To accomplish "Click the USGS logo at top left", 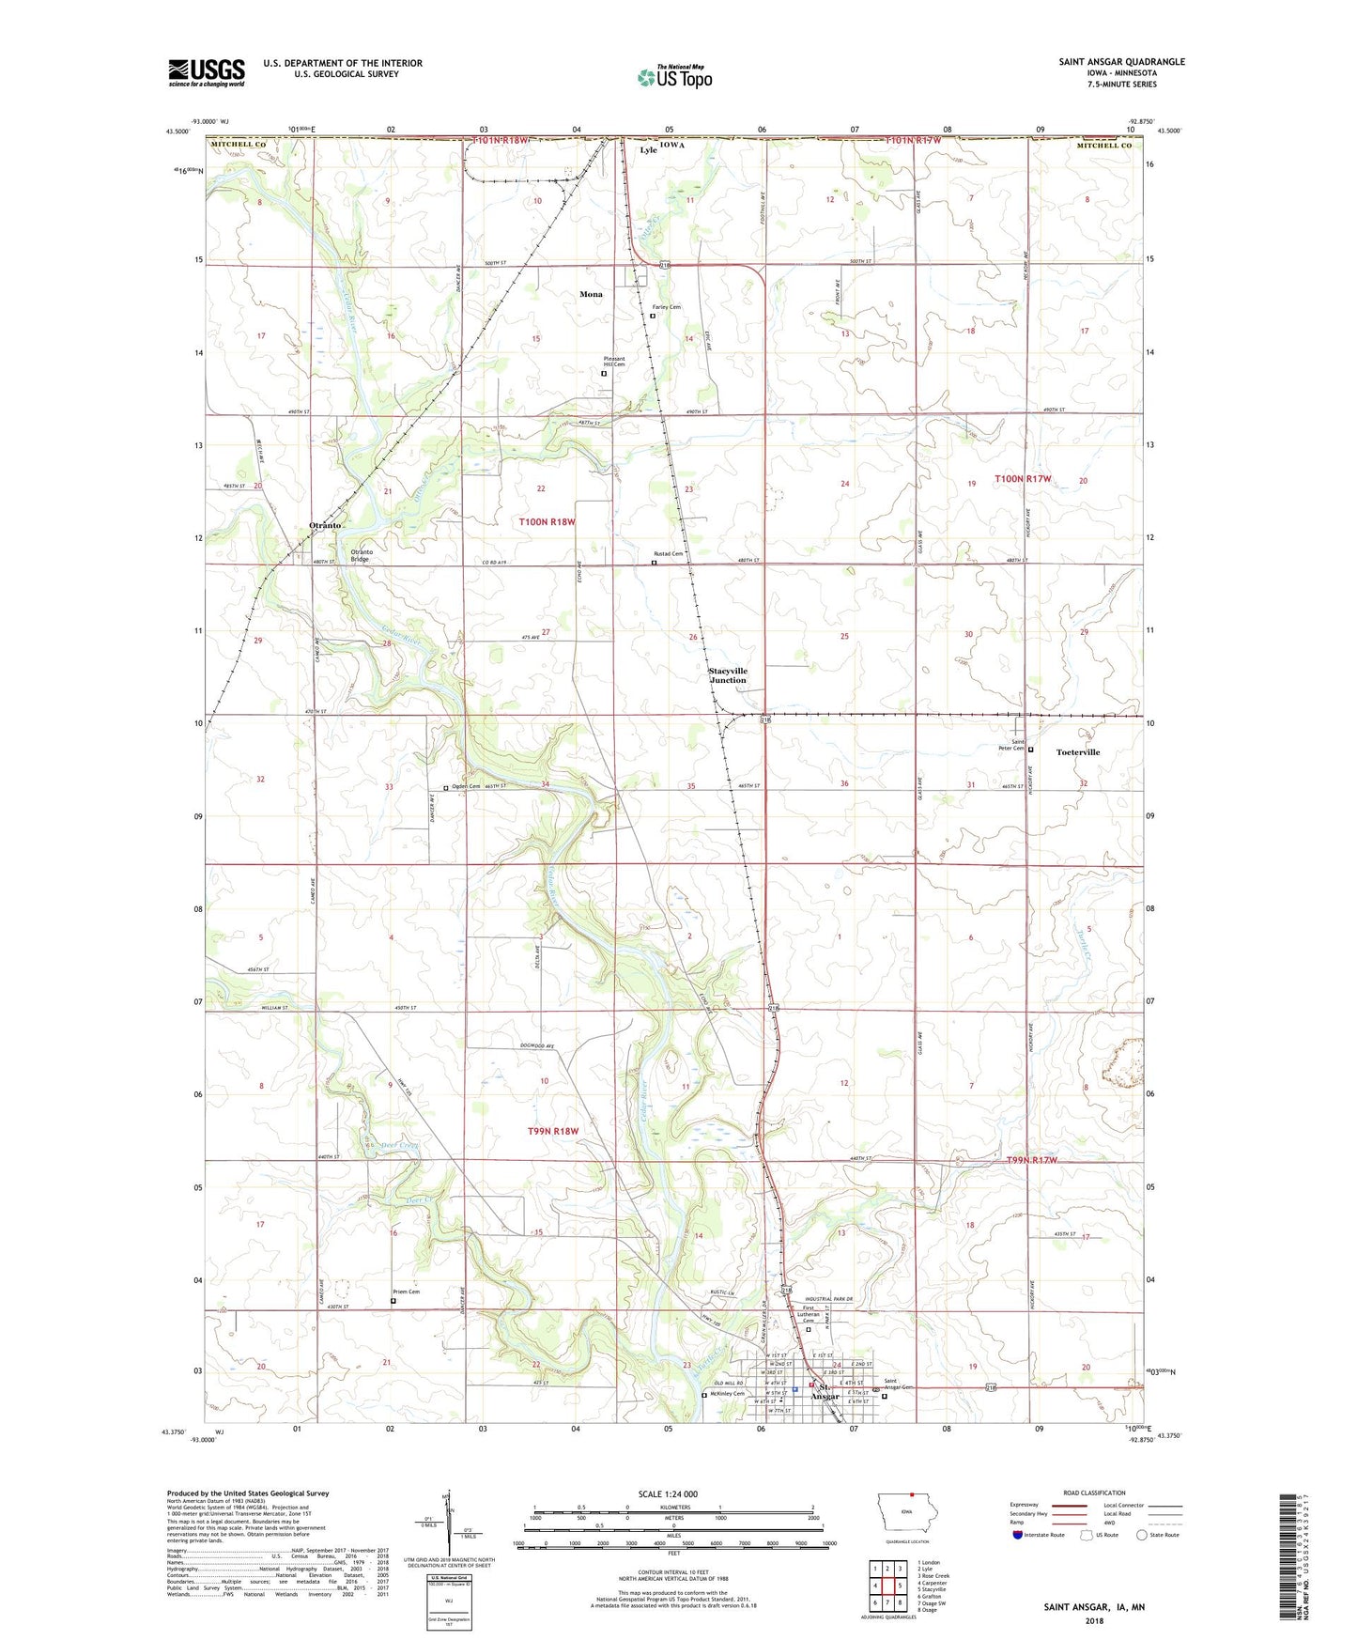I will (207, 71).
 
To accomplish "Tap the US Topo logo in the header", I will (674, 77).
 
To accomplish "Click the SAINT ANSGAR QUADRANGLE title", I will (1121, 62).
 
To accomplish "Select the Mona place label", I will (591, 294).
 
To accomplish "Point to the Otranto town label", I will (325, 525).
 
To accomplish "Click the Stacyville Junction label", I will (728, 675).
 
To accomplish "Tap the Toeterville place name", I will (1077, 752).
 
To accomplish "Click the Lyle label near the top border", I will (649, 150).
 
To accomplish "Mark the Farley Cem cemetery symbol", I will (653, 317).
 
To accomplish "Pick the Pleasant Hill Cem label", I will (614, 362).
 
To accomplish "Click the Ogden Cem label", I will (465, 786).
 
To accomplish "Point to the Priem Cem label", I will (407, 1292).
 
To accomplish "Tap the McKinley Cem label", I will (728, 1394).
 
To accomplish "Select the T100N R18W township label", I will (547, 521).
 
